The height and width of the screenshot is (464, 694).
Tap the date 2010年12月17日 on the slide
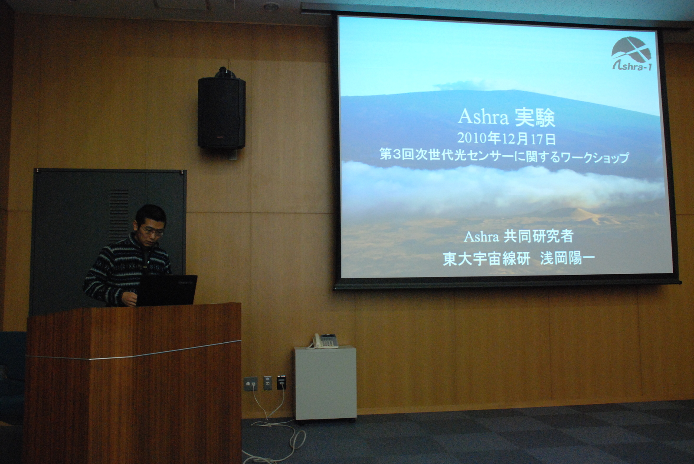pos(507,139)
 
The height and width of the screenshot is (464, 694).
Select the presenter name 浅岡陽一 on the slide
pos(567,259)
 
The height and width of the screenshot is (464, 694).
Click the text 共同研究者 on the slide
pos(538,237)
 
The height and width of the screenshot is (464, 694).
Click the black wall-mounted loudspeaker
pos(222,111)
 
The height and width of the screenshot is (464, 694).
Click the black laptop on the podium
pos(167,290)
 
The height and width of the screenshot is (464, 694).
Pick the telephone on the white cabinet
pos(325,341)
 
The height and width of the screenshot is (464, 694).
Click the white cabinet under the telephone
pos(325,384)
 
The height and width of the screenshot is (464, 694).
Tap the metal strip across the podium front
pos(134,351)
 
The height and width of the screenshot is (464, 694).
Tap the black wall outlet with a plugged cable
pos(282,382)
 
